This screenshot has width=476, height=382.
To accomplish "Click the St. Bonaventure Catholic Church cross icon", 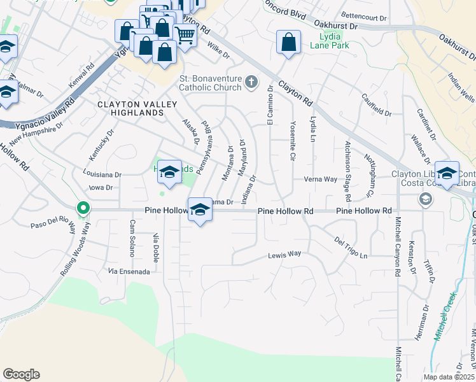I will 251,81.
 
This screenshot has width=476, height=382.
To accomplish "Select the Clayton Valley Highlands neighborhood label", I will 130,108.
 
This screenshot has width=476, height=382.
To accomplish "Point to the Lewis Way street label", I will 284,254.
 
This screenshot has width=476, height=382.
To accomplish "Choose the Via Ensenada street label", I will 129,271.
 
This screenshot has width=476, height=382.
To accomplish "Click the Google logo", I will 21,374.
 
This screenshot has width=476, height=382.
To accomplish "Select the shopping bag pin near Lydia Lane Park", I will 288,43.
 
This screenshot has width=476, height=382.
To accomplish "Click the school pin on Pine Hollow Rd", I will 200,209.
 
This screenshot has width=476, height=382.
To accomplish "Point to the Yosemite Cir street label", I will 292,140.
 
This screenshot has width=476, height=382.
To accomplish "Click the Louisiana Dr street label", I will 102,174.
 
